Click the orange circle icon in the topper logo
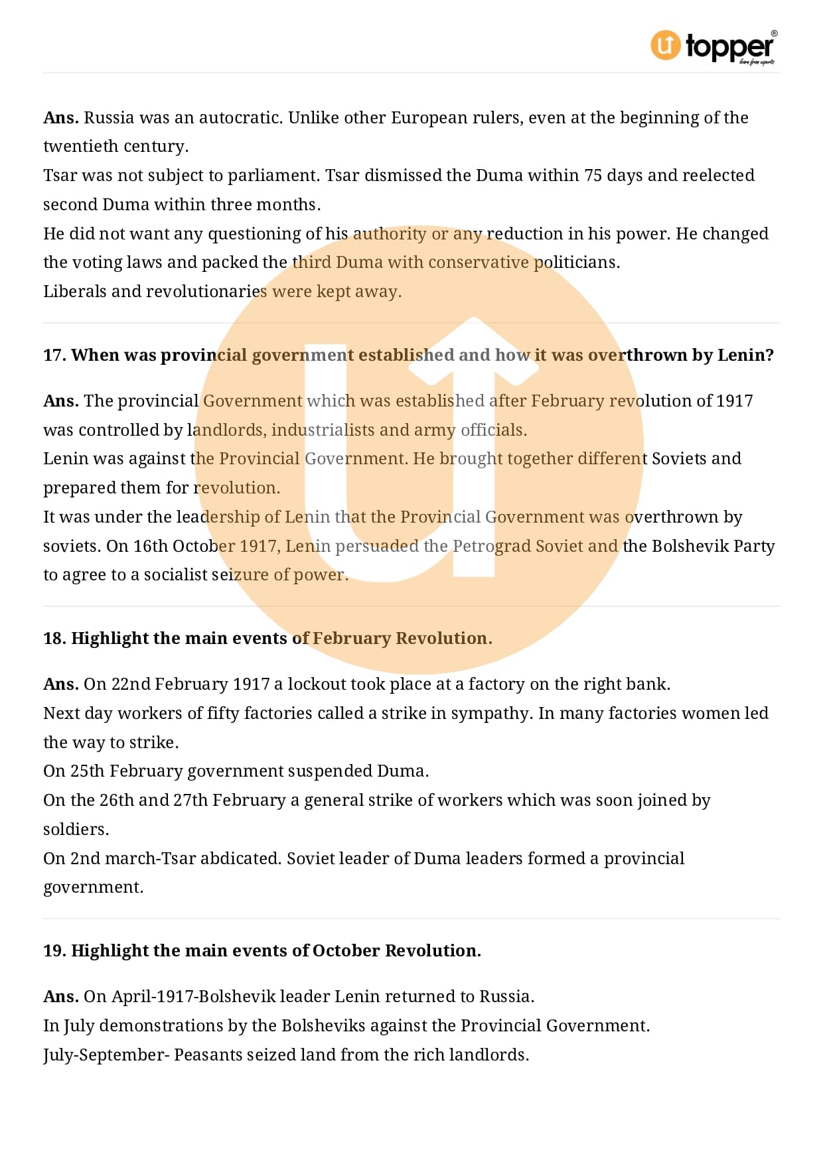click(665, 45)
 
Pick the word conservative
click(478, 263)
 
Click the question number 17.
click(54, 356)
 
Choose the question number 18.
click(54, 639)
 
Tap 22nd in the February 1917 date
click(131, 684)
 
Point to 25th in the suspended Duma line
click(88, 771)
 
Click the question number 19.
click(54, 951)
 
